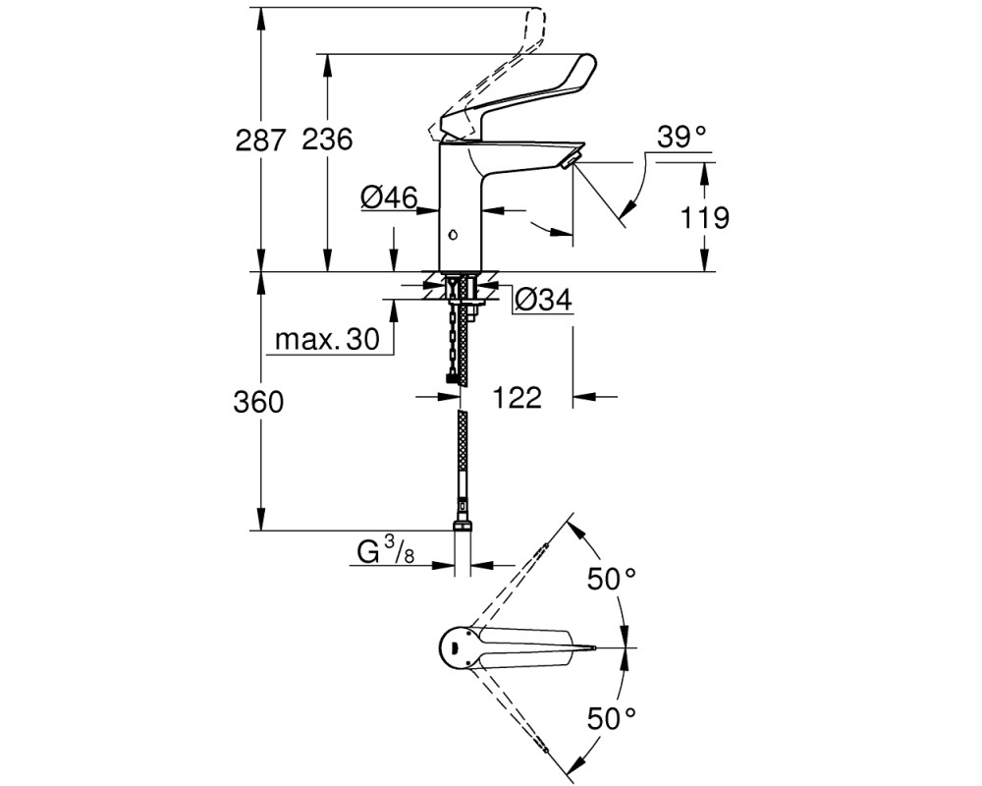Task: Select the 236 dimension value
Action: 327,140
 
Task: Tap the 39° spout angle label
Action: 682,137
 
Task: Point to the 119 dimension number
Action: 704,218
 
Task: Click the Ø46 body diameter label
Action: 389,198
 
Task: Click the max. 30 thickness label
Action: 328,340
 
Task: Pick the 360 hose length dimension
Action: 258,402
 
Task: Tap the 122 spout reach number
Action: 518,397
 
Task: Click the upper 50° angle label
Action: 611,579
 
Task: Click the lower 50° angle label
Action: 611,717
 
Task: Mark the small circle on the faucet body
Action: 453,236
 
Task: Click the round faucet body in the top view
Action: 460,647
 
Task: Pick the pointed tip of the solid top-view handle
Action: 597,646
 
